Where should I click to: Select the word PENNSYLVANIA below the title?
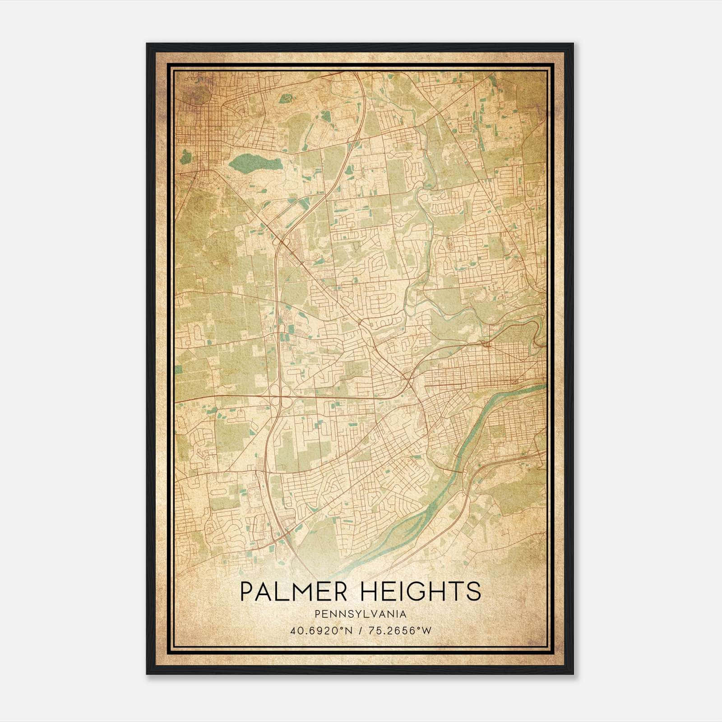click(361, 614)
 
